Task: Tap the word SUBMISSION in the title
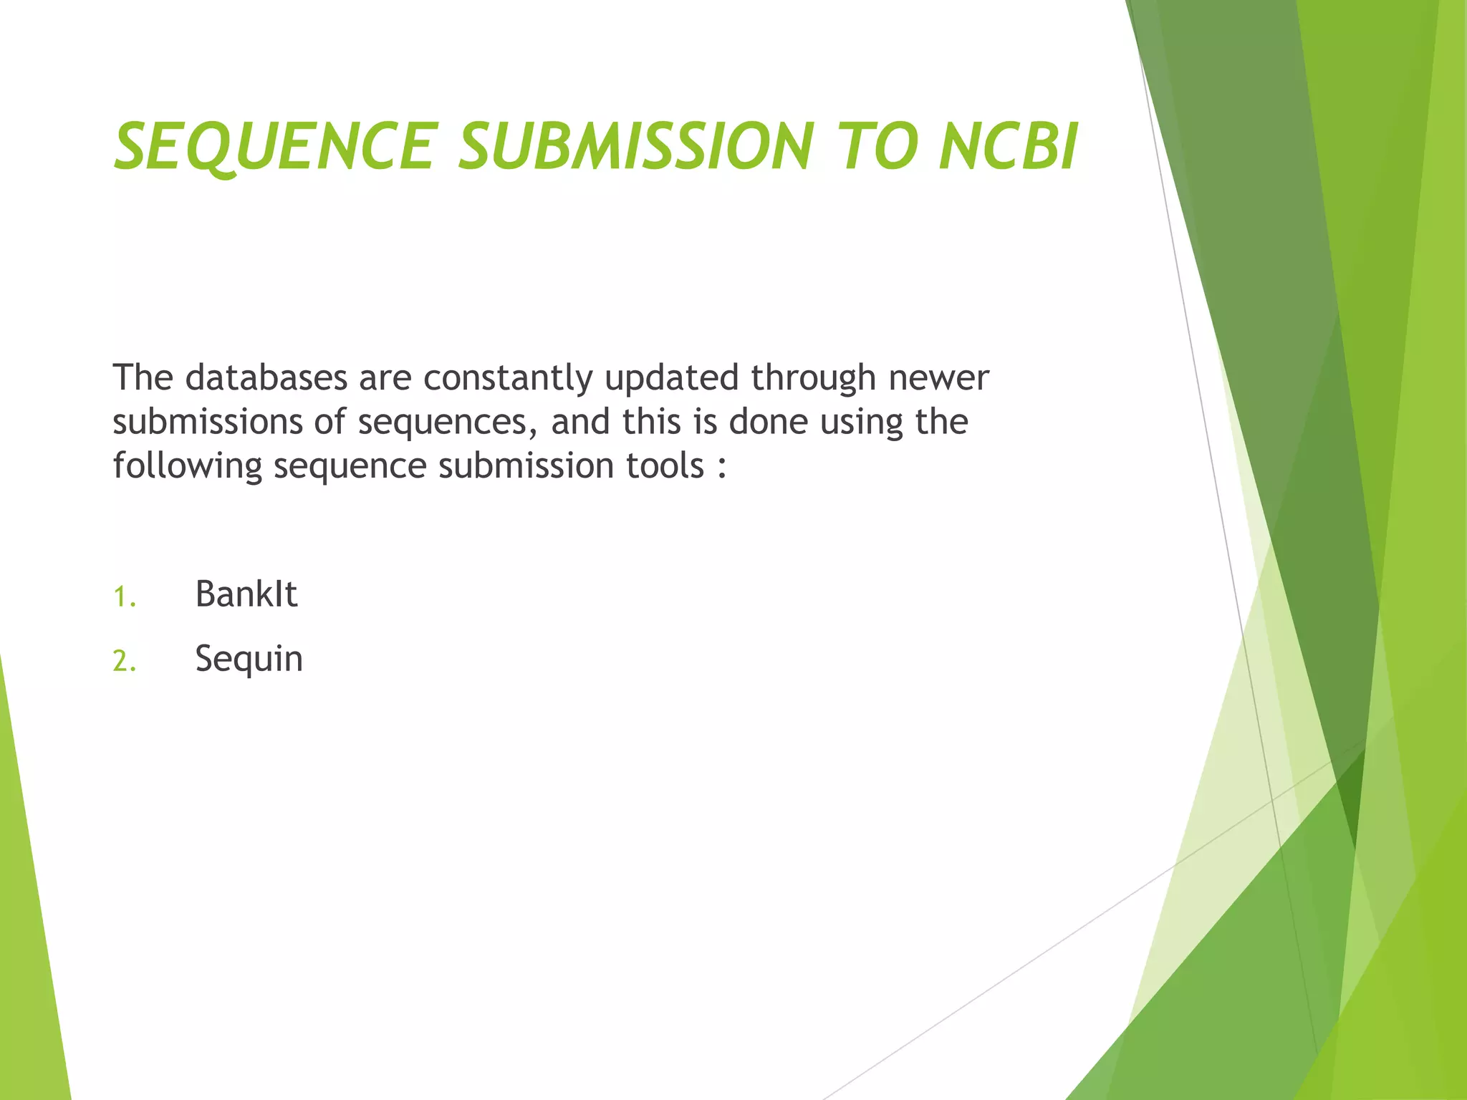click(x=637, y=147)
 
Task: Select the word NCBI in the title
click(x=1008, y=147)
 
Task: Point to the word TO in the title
click(x=877, y=147)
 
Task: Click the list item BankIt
click(x=246, y=594)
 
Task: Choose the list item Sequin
click(x=249, y=659)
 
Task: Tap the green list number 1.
click(x=123, y=597)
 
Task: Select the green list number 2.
click(x=123, y=661)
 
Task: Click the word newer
click(x=938, y=379)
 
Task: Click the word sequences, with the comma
click(x=448, y=423)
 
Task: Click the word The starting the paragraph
click(x=143, y=377)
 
